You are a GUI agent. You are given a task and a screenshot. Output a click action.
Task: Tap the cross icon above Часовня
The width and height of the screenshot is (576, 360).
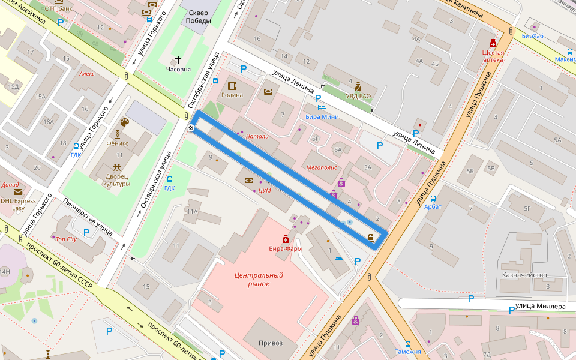(x=178, y=59)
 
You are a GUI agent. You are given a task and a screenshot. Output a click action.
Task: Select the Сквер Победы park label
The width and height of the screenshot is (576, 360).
(x=199, y=17)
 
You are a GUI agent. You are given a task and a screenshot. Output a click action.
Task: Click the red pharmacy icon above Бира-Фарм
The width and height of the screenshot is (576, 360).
(x=286, y=239)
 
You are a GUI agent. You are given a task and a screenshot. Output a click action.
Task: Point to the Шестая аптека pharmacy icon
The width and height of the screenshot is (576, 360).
(x=493, y=43)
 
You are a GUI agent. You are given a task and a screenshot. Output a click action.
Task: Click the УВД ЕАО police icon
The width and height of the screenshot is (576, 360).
(x=358, y=85)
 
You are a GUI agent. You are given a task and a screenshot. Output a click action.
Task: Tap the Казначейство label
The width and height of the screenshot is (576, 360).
(x=524, y=275)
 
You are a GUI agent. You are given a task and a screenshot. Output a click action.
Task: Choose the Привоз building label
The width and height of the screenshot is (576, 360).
(x=270, y=343)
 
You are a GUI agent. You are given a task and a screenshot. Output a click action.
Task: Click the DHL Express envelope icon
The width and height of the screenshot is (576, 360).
(x=17, y=192)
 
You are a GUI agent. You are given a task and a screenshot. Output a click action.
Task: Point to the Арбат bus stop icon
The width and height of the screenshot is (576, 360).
(x=433, y=198)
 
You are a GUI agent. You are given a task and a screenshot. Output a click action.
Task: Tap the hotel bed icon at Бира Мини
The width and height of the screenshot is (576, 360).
(x=322, y=107)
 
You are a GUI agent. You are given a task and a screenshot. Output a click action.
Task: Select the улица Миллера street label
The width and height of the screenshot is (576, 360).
(x=541, y=307)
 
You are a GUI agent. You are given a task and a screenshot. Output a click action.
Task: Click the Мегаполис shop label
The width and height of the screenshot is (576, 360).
(x=322, y=167)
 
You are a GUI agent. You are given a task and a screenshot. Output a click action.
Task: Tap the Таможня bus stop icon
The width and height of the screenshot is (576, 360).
(x=408, y=344)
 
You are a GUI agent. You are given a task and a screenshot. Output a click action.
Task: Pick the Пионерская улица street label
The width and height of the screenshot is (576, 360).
(x=88, y=218)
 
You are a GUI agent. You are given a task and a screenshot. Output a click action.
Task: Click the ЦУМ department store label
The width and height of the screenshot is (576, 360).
(x=265, y=191)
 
